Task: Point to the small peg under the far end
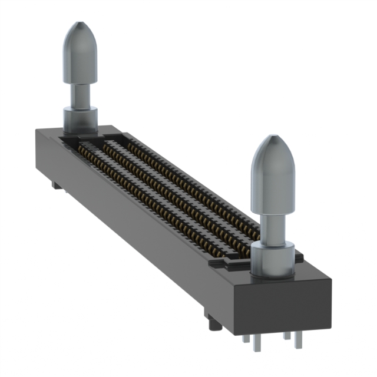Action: coord(55,185)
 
